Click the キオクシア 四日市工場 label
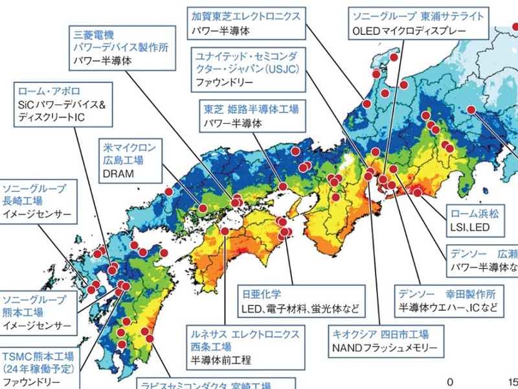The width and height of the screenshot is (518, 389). pos(380,334)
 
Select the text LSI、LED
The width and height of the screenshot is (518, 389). pos(470,228)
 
